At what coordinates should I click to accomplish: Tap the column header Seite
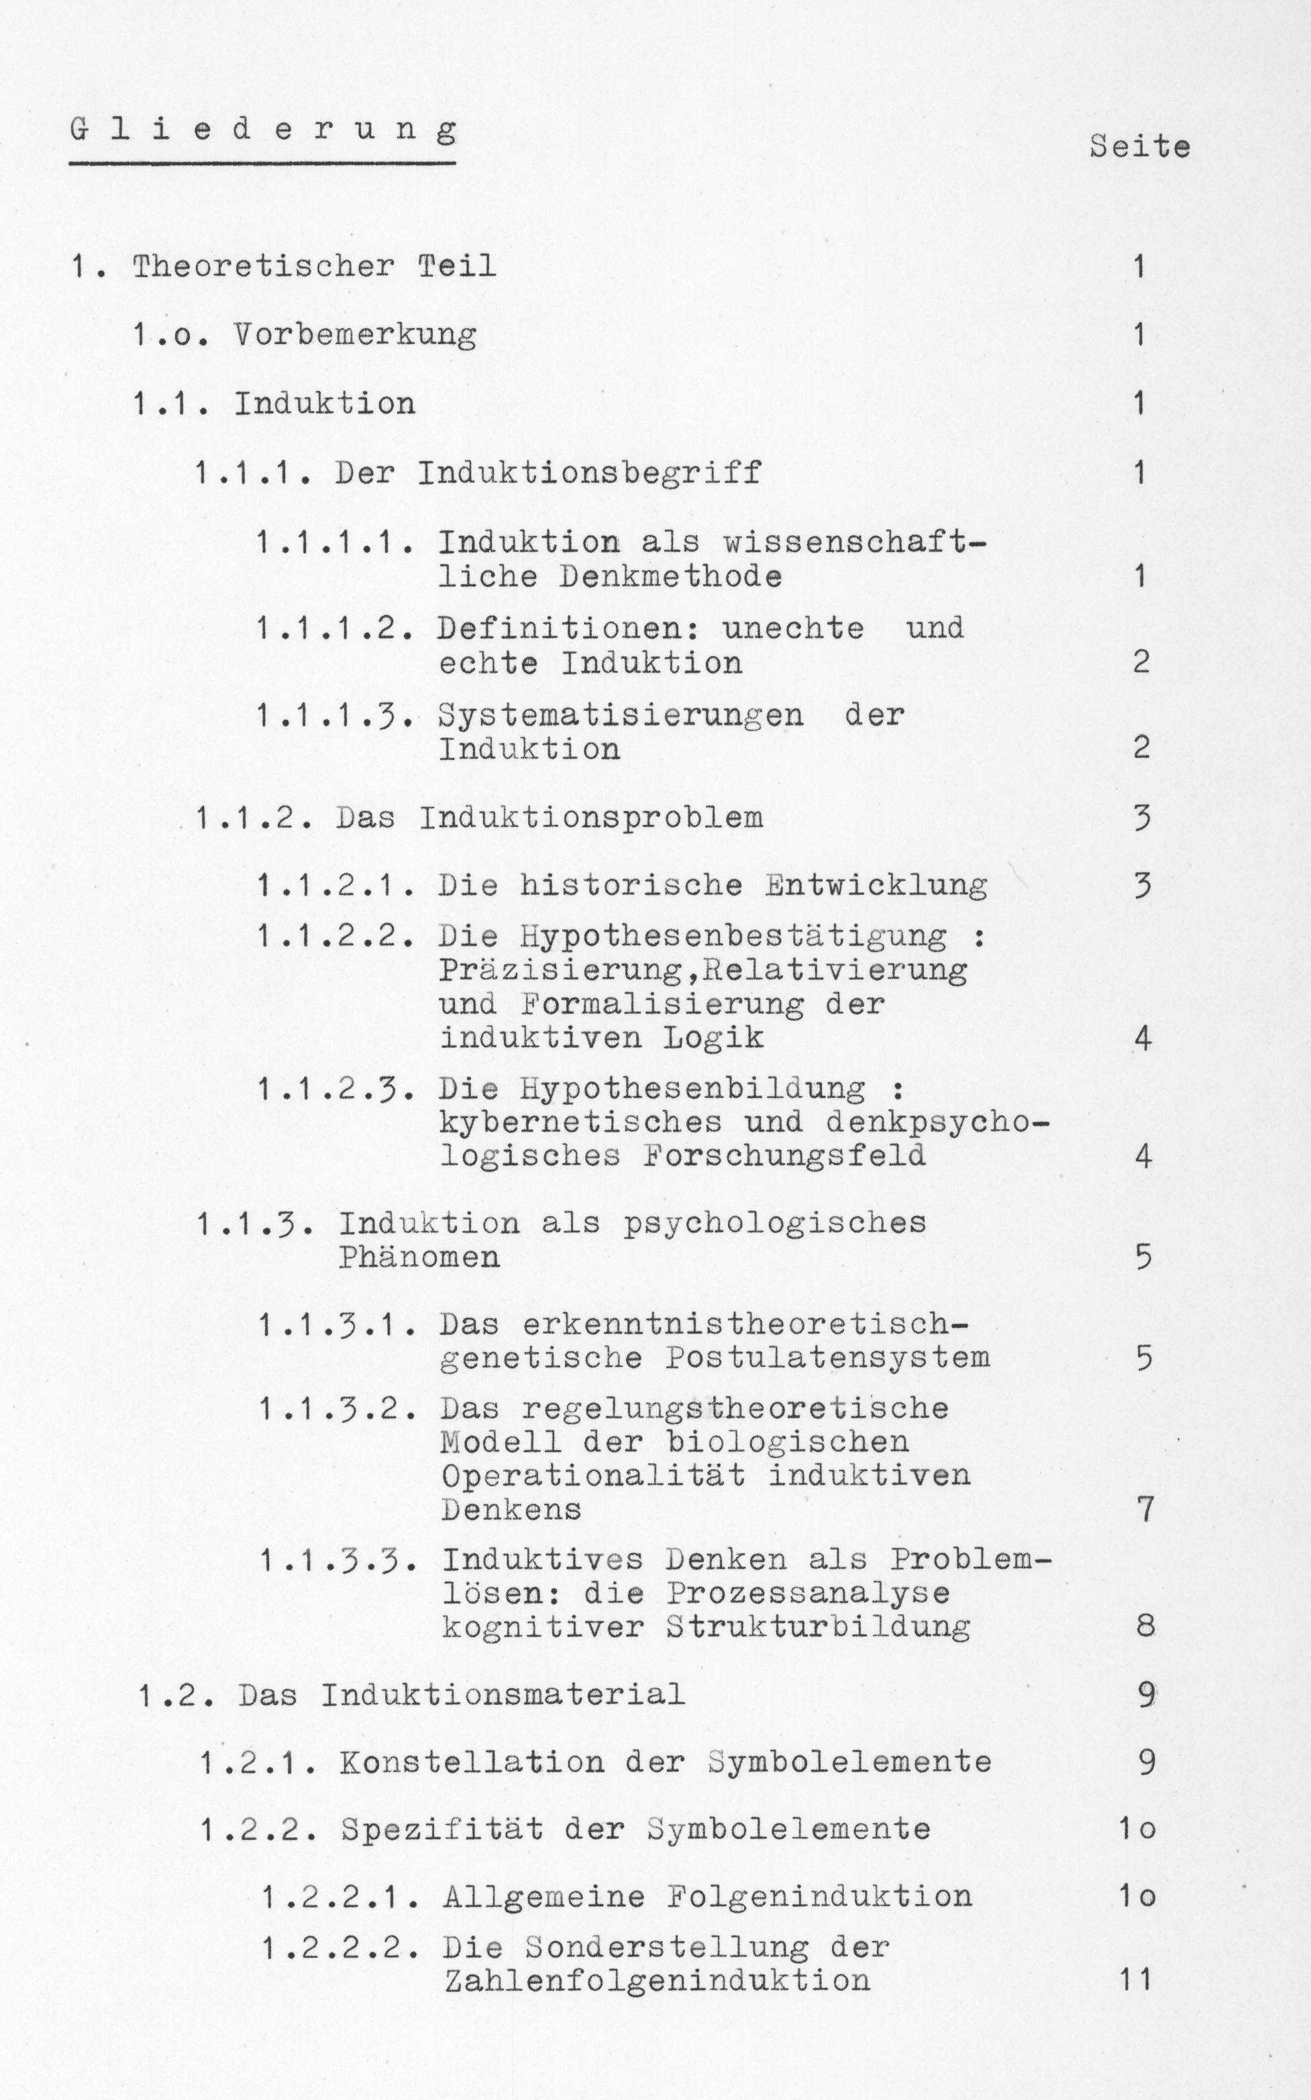tap(1139, 146)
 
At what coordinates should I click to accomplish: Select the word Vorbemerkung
tap(355, 335)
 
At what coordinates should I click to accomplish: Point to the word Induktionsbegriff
tap(590, 474)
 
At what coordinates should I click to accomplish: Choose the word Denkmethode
tap(670, 576)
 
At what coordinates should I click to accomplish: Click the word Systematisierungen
tap(620, 715)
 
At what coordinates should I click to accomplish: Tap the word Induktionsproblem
tap(591, 818)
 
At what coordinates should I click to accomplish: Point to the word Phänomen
tap(419, 1258)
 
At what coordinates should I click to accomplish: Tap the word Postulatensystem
tap(827, 1358)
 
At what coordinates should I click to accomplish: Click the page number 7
tap(1145, 1510)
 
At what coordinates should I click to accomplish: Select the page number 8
tap(1145, 1626)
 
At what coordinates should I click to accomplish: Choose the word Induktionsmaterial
tap(503, 1694)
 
